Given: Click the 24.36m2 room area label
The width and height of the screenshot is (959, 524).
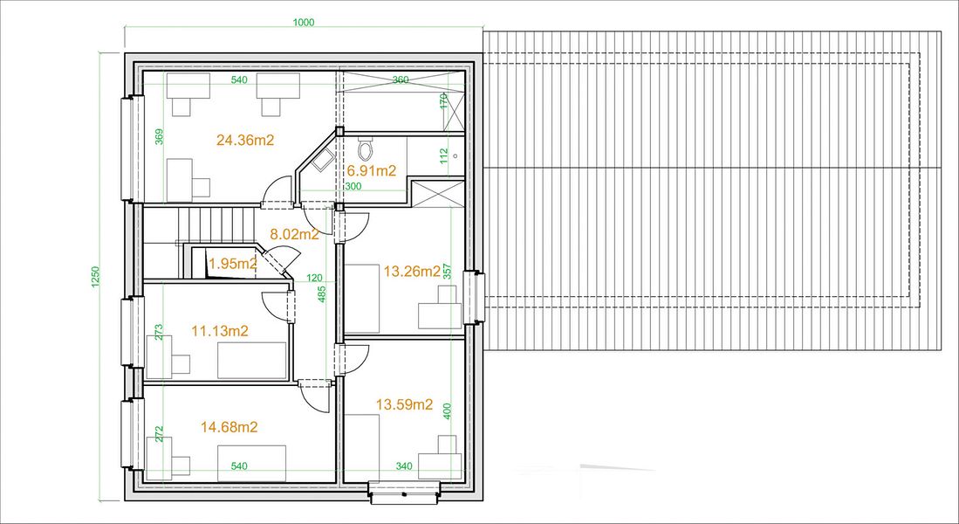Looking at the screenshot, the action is pyautogui.click(x=245, y=141).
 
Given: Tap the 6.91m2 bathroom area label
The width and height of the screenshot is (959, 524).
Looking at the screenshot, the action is pyautogui.click(x=372, y=171).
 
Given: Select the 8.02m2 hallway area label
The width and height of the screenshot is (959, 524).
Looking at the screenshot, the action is pyautogui.click(x=295, y=234).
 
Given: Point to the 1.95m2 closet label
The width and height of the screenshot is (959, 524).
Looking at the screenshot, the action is pyautogui.click(x=232, y=265).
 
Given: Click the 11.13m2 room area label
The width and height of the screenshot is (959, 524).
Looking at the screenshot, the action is pyautogui.click(x=220, y=331).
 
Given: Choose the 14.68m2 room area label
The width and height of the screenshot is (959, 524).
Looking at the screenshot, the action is pyautogui.click(x=229, y=427).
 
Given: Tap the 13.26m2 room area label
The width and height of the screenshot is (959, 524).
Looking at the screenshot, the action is pyautogui.click(x=412, y=272).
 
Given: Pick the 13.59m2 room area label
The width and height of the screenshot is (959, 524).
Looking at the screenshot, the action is pyautogui.click(x=404, y=404).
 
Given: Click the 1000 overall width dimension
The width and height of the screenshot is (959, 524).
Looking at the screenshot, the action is pyautogui.click(x=304, y=24).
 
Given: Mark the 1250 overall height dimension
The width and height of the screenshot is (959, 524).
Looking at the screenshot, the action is pyautogui.click(x=95, y=278).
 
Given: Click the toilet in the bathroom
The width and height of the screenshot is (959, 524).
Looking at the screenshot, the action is pyautogui.click(x=365, y=148).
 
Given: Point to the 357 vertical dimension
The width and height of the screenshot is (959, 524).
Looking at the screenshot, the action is pyautogui.click(x=446, y=272).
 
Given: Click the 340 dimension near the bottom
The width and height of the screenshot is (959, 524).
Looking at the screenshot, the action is pyautogui.click(x=404, y=466).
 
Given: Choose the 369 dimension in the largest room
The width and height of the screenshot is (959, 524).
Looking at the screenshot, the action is pyautogui.click(x=160, y=136).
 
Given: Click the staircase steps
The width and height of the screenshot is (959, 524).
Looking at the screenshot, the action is pyautogui.click(x=216, y=224).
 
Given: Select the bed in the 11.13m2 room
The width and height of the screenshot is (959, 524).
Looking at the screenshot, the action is pyautogui.click(x=252, y=360).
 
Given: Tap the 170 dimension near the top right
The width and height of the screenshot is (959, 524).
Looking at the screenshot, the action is pyautogui.click(x=444, y=101).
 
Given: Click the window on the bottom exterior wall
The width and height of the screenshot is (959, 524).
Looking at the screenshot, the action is pyautogui.click(x=404, y=493).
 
